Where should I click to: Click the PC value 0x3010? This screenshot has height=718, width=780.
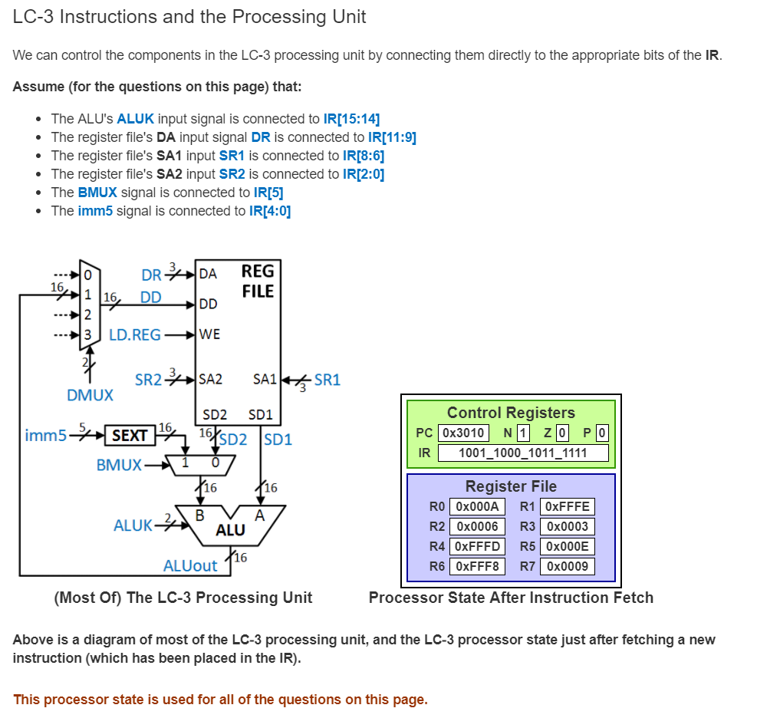(464, 433)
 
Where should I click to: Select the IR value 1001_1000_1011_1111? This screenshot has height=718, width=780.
(522, 453)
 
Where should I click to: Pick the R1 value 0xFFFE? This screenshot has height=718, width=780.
(567, 506)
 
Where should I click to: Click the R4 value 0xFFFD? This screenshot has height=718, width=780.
(476, 546)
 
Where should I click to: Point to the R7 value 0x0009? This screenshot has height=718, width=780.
(567, 566)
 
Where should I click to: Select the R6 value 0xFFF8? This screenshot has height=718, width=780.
(476, 566)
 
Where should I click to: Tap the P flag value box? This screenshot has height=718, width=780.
(601, 433)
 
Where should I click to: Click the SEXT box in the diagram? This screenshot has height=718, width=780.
(129, 436)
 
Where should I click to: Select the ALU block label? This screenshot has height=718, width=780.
(230, 530)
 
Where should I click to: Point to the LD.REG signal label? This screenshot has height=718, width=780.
(135, 334)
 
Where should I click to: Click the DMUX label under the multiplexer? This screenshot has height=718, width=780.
(90, 395)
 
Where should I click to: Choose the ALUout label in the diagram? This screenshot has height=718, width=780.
(190, 566)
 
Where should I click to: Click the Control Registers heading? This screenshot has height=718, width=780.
(511, 413)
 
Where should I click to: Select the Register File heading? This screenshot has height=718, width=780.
(511, 486)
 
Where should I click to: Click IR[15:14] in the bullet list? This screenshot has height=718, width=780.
(351, 119)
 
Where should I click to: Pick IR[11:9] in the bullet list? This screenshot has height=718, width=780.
(392, 137)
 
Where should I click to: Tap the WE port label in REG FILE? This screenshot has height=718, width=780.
(209, 334)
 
